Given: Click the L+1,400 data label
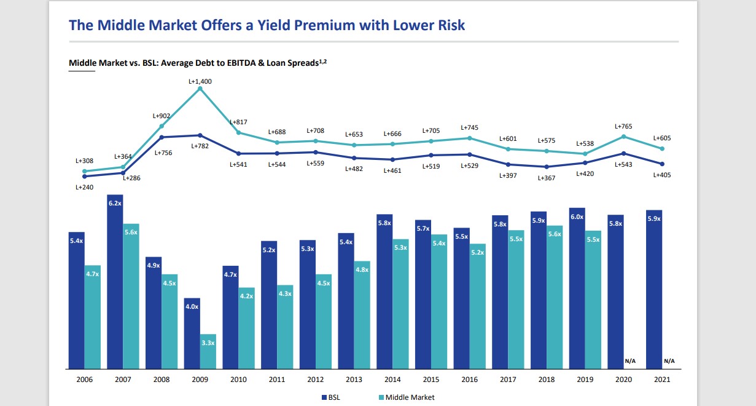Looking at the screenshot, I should pyautogui.click(x=200, y=81).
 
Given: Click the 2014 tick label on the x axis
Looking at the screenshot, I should pyautogui.click(x=392, y=380).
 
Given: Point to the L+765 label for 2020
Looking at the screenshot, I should pyautogui.click(x=623, y=126).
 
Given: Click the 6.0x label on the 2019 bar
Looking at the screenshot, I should pyautogui.click(x=577, y=217).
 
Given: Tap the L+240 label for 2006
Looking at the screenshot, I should pyautogui.click(x=84, y=187).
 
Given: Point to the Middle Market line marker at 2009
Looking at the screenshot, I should pyautogui.click(x=200, y=89).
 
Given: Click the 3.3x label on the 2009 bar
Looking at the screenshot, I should pyautogui.click(x=208, y=343).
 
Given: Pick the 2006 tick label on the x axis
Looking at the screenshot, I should pyautogui.click(x=84, y=380).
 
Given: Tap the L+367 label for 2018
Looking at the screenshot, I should pyautogui.click(x=547, y=178).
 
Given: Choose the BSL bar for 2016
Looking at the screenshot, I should pyautogui.click(x=462, y=298).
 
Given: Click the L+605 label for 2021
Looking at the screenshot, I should pyautogui.click(x=661, y=138).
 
